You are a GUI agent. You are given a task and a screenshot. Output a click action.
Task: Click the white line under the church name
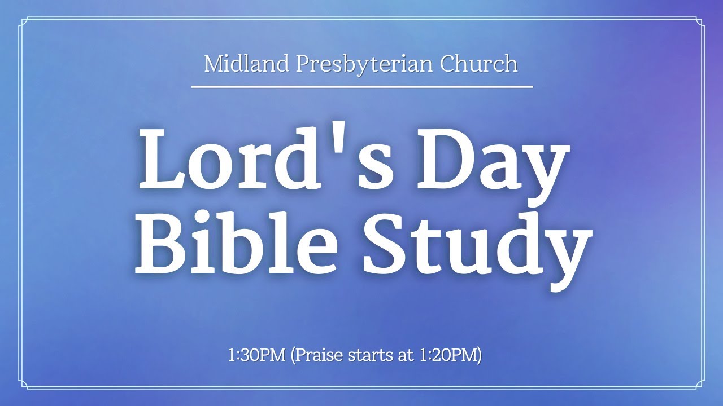361,87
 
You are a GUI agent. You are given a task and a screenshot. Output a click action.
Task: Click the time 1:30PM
256,356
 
